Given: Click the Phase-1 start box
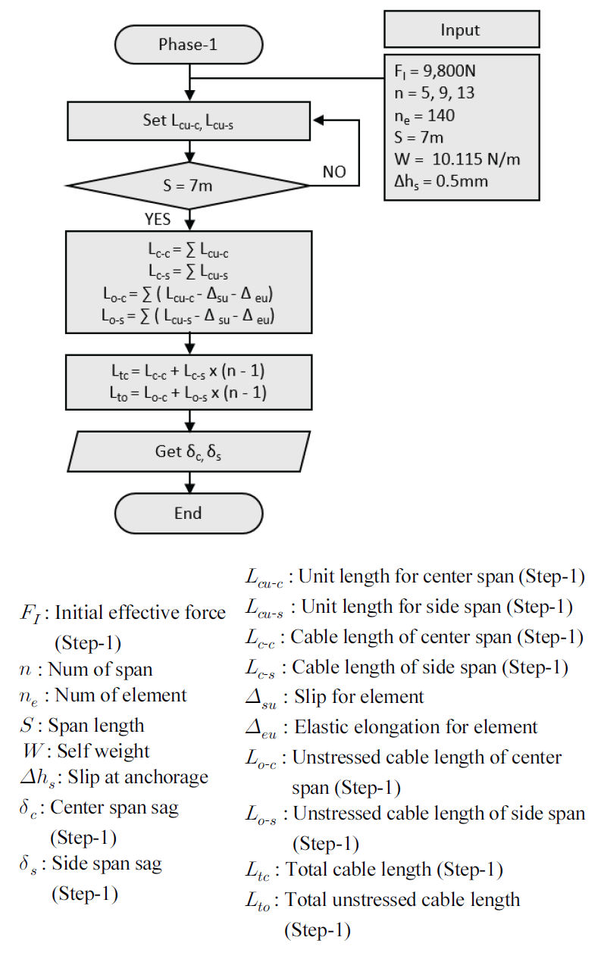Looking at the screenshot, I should (188, 45).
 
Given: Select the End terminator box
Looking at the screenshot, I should (188, 513).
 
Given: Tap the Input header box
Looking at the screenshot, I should (461, 30).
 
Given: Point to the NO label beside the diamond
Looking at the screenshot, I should (334, 172).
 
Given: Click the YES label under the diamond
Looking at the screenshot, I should (158, 220).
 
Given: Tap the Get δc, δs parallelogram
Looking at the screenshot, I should (188, 451).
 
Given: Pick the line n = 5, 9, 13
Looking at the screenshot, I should (433, 95).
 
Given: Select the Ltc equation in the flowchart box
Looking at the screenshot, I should (188, 373).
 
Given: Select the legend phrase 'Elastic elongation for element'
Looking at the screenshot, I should (415, 727).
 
